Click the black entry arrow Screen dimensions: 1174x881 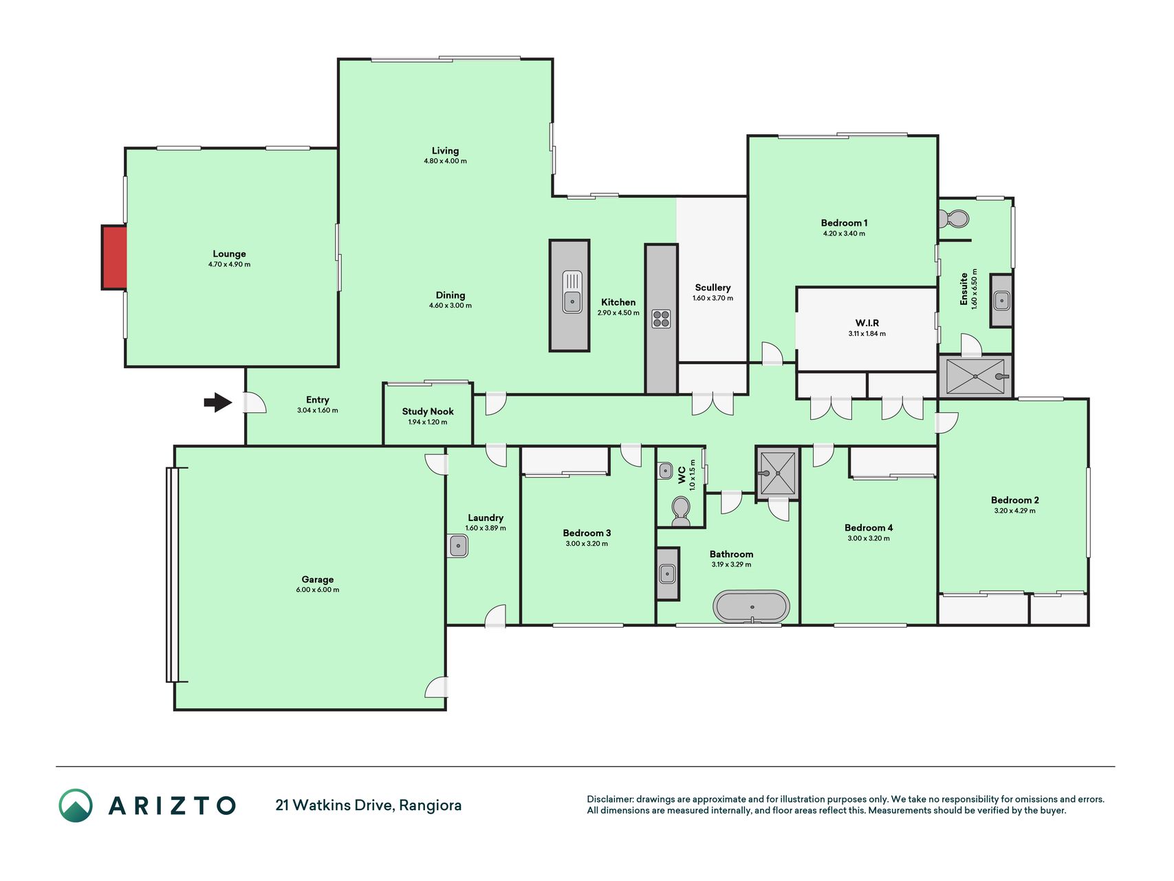218,403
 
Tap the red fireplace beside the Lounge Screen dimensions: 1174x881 114,257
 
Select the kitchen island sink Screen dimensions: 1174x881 572,292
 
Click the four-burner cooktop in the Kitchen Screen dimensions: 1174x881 661,319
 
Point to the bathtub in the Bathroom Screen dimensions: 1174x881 751,606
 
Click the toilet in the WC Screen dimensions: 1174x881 680,511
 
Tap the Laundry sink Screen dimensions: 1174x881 458,546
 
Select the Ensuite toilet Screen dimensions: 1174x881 953,219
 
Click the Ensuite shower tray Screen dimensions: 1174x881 975,376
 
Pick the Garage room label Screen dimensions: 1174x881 318,580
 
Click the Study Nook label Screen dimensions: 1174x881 428,412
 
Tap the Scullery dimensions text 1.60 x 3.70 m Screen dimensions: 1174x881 713,298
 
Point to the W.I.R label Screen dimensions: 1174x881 867,323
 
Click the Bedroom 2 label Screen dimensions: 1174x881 1014,500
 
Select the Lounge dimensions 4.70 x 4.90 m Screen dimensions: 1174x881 229,264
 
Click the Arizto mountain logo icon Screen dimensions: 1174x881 76,805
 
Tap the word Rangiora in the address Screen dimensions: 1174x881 431,805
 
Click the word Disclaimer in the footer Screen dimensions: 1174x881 609,799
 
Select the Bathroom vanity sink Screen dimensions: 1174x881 667,573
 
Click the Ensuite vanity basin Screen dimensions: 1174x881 1002,300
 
